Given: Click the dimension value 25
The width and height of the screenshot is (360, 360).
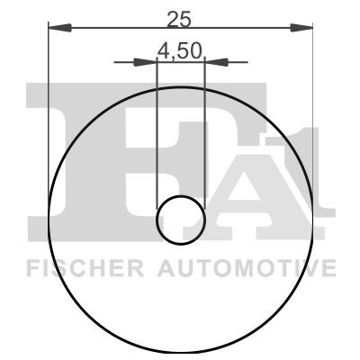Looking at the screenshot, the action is [179, 19].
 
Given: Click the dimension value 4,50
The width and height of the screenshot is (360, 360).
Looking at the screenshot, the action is [179, 50].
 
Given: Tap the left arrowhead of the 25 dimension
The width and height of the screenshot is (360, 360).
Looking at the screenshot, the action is [59, 28].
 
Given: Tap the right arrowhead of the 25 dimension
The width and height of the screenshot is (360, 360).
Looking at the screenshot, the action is [301, 28].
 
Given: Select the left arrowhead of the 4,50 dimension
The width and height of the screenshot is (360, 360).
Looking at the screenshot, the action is [145, 62].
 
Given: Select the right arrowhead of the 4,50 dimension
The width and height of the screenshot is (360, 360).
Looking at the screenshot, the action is [216, 62].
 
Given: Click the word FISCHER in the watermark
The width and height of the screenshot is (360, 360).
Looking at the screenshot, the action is [85, 268].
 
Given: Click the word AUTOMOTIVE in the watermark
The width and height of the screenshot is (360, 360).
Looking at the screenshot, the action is [247, 268].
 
